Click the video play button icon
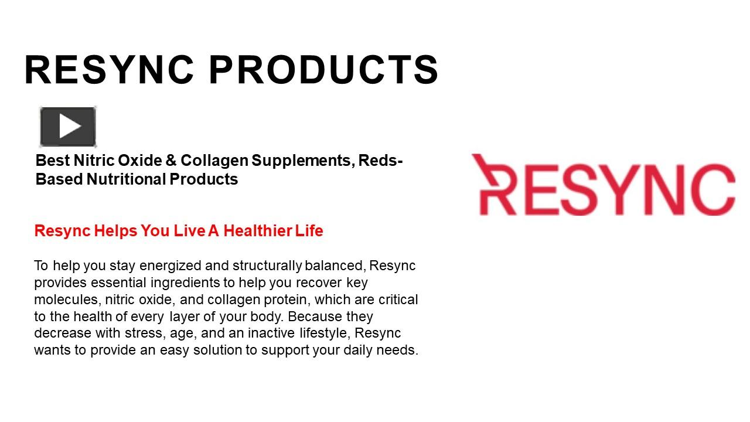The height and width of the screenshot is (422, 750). (68, 127)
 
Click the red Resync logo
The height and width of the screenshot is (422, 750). (603, 185)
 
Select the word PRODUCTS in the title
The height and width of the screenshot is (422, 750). (323, 70)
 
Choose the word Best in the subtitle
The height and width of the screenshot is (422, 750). (50, 161)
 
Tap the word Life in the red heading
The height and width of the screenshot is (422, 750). (309, 231)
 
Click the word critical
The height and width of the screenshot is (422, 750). (398, 300)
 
